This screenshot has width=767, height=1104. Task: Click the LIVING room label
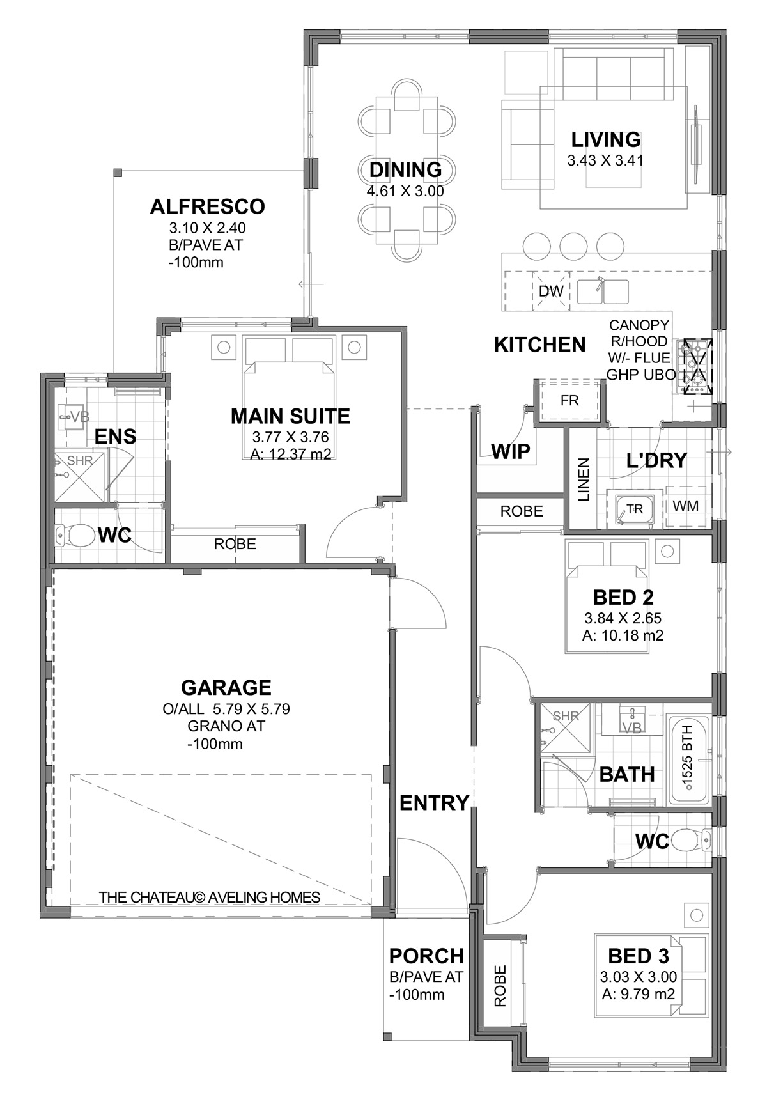pyautogui.click(x=605, y=139)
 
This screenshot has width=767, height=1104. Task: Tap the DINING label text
pyautogui.click(x=406, y=169)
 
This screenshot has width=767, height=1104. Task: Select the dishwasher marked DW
pyautogui.click(x=551, y=292)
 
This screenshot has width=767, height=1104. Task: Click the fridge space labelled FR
pyautogui.click(x=569, y=401)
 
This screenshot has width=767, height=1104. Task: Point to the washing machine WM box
pyautogui.click(x=686, y=506)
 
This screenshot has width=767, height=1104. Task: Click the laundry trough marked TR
pyautogui.click(x=633, y=509)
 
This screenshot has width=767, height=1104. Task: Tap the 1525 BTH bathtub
pyautogui.click(x=689, y=759)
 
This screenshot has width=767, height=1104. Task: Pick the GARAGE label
pyautogui.click(x=226, y=688)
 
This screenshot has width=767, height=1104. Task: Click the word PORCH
pyautogui.click(x=426, y=956)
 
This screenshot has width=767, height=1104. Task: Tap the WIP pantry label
pyautogui.click(x=511, y=451)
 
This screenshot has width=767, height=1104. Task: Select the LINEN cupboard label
pyautogui.click(x=584, y=479)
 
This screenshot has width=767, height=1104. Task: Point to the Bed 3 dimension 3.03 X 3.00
pyautogui.click(x=639, y=977)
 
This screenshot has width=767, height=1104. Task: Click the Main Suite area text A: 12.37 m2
pyautogui.click(x=291, y=455)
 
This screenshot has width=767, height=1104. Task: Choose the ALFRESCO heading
pyautogui.click(x=207, y=207)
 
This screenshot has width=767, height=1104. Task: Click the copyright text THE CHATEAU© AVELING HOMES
pyautogui.click(x=210, y=898)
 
